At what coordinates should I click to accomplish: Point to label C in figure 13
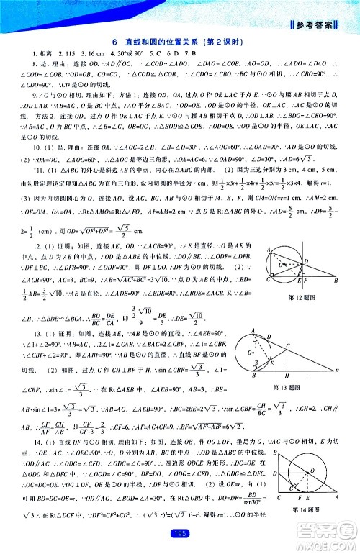tap(287, 344)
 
